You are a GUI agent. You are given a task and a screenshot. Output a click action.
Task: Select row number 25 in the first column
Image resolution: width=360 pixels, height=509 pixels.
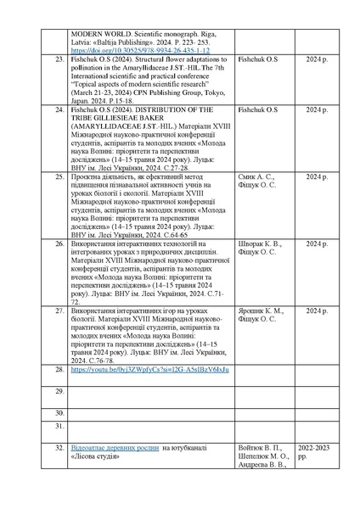(x=60, y=176)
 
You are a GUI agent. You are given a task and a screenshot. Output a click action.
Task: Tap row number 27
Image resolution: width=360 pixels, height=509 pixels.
(x=60, y=311)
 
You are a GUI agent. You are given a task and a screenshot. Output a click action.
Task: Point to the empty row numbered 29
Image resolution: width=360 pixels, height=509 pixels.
(x=60, y=390)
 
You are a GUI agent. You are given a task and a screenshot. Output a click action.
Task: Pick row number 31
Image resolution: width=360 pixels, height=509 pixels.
(x=60, y=425)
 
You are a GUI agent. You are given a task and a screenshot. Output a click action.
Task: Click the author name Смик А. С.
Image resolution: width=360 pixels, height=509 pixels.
(x=252, y=176)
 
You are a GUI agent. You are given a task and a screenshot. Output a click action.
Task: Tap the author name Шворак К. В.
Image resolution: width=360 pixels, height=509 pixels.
(x=256, y=243)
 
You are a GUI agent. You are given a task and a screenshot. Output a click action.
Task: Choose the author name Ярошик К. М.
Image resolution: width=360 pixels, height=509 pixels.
(x=256, y=311)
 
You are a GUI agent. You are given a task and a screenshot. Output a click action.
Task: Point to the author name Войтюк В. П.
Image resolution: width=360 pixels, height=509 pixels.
(x=256, y=447)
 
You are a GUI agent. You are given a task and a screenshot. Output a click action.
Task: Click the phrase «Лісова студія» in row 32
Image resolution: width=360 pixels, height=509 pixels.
(x=97, y=456)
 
